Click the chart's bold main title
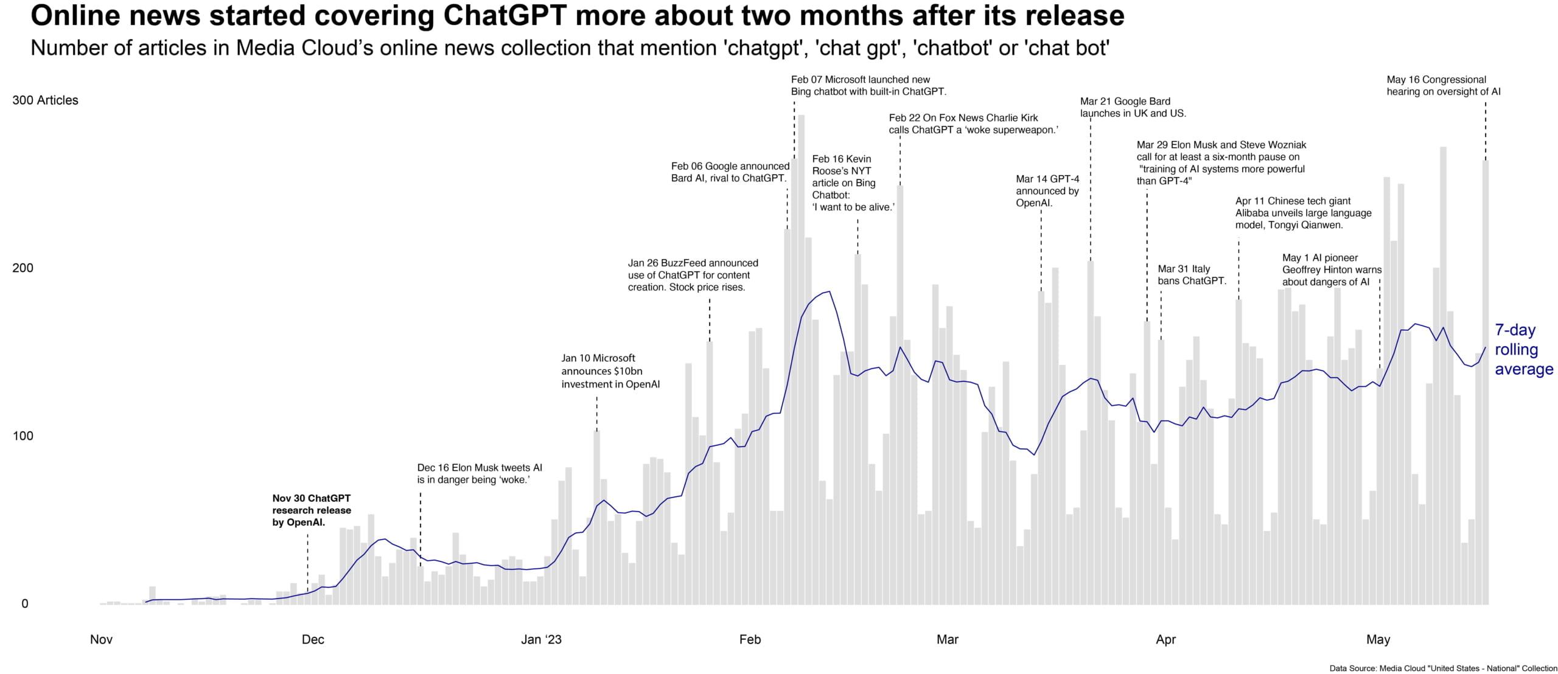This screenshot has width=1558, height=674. [577, 16]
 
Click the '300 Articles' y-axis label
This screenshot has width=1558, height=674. [45, 100]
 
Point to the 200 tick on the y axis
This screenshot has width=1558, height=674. [23, 268]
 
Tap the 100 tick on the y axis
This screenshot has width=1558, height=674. [23, 436]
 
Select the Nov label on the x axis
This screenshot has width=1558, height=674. [101, 639]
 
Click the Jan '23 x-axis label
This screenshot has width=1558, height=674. [542, 639]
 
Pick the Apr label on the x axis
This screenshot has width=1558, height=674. [1165, 639]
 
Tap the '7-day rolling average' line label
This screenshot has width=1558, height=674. [1524, 350]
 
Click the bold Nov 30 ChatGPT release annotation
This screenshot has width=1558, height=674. [312, 510]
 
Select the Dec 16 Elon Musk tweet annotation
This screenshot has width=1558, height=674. [480, 474]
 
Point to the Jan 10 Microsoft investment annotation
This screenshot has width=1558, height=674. [610, 371]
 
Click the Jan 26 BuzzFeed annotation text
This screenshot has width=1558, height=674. [693, 275]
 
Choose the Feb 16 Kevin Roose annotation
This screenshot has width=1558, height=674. [853, 183]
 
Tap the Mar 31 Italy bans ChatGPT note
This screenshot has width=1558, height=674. [1192, 275]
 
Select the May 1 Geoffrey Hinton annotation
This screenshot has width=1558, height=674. [1332, 269]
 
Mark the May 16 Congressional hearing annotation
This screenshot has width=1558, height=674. [1444, 86]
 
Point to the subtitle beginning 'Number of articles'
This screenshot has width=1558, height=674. [570, 48]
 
